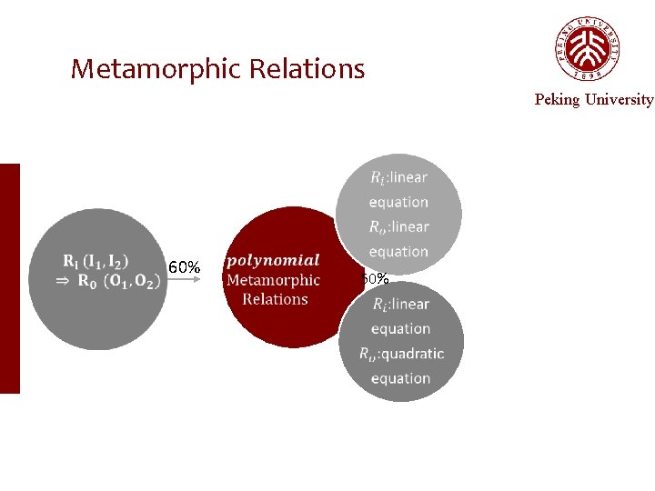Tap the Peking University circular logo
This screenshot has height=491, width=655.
587,49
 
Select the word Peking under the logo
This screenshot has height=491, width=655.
557,99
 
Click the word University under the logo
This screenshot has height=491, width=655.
619,99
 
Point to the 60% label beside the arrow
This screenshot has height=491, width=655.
185,267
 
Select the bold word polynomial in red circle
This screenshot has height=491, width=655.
274,261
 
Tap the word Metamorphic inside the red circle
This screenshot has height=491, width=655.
273,280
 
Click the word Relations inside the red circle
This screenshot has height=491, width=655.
275,299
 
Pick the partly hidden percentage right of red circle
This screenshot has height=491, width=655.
375,278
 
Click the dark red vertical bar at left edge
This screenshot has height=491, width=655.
9,278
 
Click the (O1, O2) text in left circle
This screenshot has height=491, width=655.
133,281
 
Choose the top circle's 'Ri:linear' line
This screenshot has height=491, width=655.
398,177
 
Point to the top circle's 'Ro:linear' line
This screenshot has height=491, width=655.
398,226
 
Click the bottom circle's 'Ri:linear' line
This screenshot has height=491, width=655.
400,304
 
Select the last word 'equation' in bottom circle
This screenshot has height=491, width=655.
400,378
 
